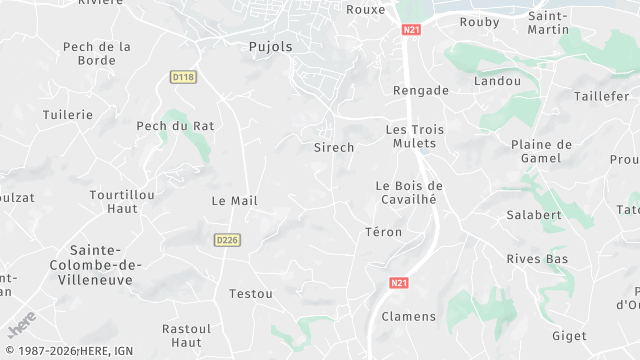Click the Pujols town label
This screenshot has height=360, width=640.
click(x=270, y=46)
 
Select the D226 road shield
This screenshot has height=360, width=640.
click(x=226, y=240)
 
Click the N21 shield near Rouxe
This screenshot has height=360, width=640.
click(x=411, y=31)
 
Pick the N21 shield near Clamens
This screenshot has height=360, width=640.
click(x=398, y=284)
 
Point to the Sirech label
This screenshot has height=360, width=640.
click(x=334, y=147)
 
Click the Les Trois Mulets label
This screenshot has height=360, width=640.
click(x=414, y=137)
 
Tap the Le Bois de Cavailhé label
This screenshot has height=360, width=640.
click(x=408, y=192)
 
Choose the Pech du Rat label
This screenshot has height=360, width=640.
click(x=175, y=126)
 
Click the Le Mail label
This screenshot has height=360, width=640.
click(x=234, y=201)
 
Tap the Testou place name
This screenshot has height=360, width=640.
click(x=251, y=294)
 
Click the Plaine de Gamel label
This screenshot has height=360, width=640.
click(x=541, y=152)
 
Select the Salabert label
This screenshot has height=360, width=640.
click(x=534, y=215)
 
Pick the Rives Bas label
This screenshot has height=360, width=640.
click(x=537, y=260)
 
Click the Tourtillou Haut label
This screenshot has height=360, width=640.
click(x=113, y=201)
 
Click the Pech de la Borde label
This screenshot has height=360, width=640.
click(x=97, y=53)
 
